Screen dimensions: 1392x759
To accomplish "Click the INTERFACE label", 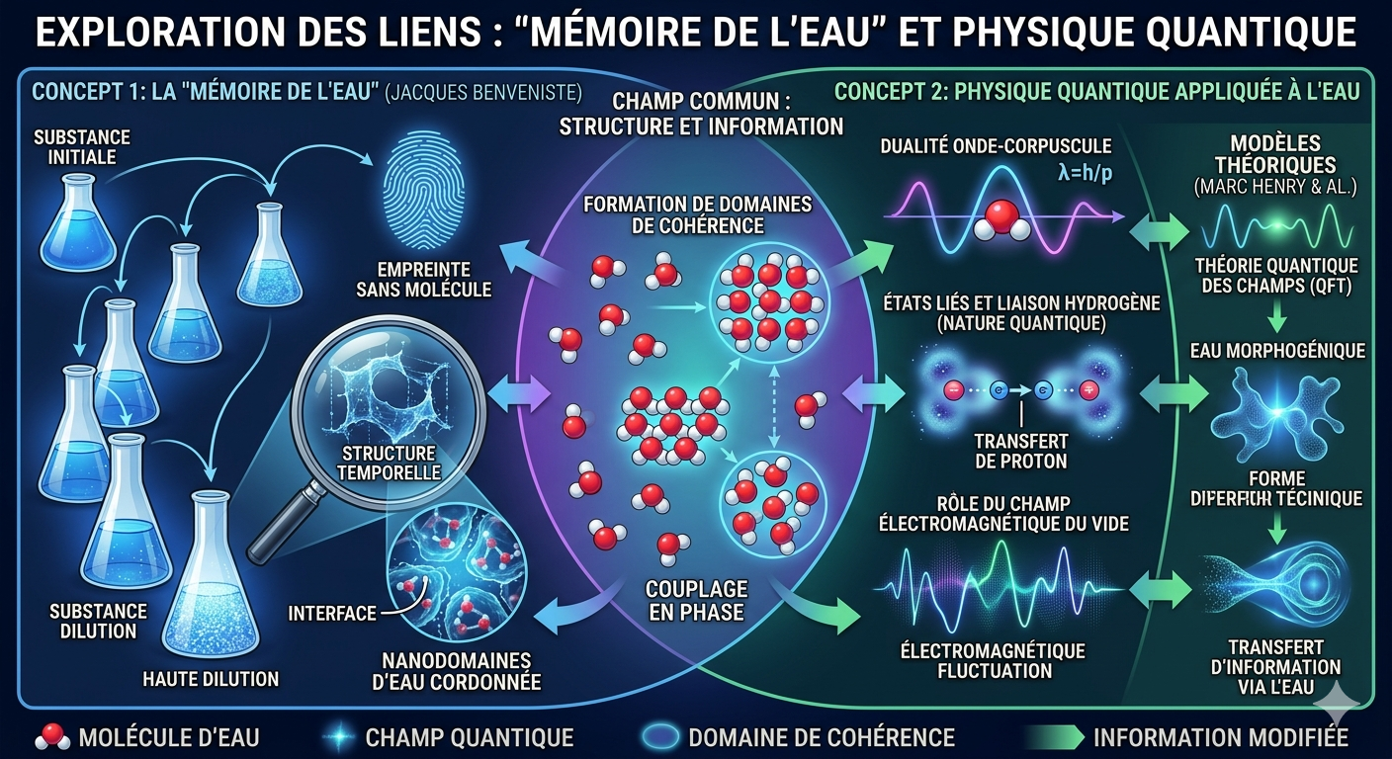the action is tap(332, 613).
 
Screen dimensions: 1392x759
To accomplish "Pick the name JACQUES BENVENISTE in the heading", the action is tap(483, 93).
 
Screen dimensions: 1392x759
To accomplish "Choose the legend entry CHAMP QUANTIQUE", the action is tap(469, 737).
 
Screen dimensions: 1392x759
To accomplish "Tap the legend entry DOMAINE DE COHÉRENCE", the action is tap(821, 737).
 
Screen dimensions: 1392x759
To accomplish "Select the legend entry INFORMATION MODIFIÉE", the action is tap(1220, 737).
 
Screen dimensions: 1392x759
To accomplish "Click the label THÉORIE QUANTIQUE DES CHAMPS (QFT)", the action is tap(1275, 276).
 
